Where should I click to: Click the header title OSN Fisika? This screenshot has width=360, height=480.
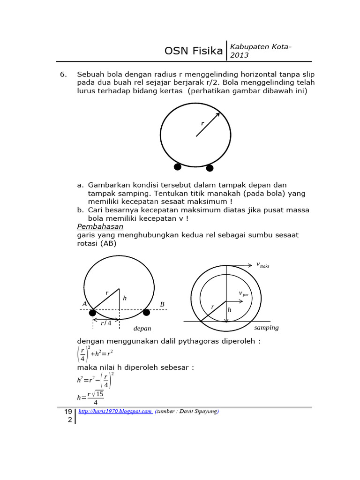194,51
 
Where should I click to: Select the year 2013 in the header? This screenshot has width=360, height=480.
239,55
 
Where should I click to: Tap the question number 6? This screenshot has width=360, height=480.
64,75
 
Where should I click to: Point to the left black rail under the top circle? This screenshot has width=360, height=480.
178,166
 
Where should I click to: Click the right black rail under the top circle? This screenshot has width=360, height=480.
210,168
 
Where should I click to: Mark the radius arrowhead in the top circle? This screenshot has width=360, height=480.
217,115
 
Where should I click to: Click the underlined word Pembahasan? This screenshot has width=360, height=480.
100,227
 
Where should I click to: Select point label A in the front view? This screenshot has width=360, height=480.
84,304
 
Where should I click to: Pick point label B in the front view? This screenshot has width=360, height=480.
162,305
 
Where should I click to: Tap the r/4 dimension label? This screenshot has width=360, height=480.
106,323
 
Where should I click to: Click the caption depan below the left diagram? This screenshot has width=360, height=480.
142,329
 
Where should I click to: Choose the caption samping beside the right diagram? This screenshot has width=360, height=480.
266,328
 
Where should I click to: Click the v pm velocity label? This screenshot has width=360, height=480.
243,294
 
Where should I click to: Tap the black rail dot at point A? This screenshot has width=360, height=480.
93,313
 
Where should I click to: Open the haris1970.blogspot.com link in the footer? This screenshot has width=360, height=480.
115,412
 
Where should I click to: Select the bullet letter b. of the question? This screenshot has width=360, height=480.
81,210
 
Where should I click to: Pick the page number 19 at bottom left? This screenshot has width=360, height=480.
68,412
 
